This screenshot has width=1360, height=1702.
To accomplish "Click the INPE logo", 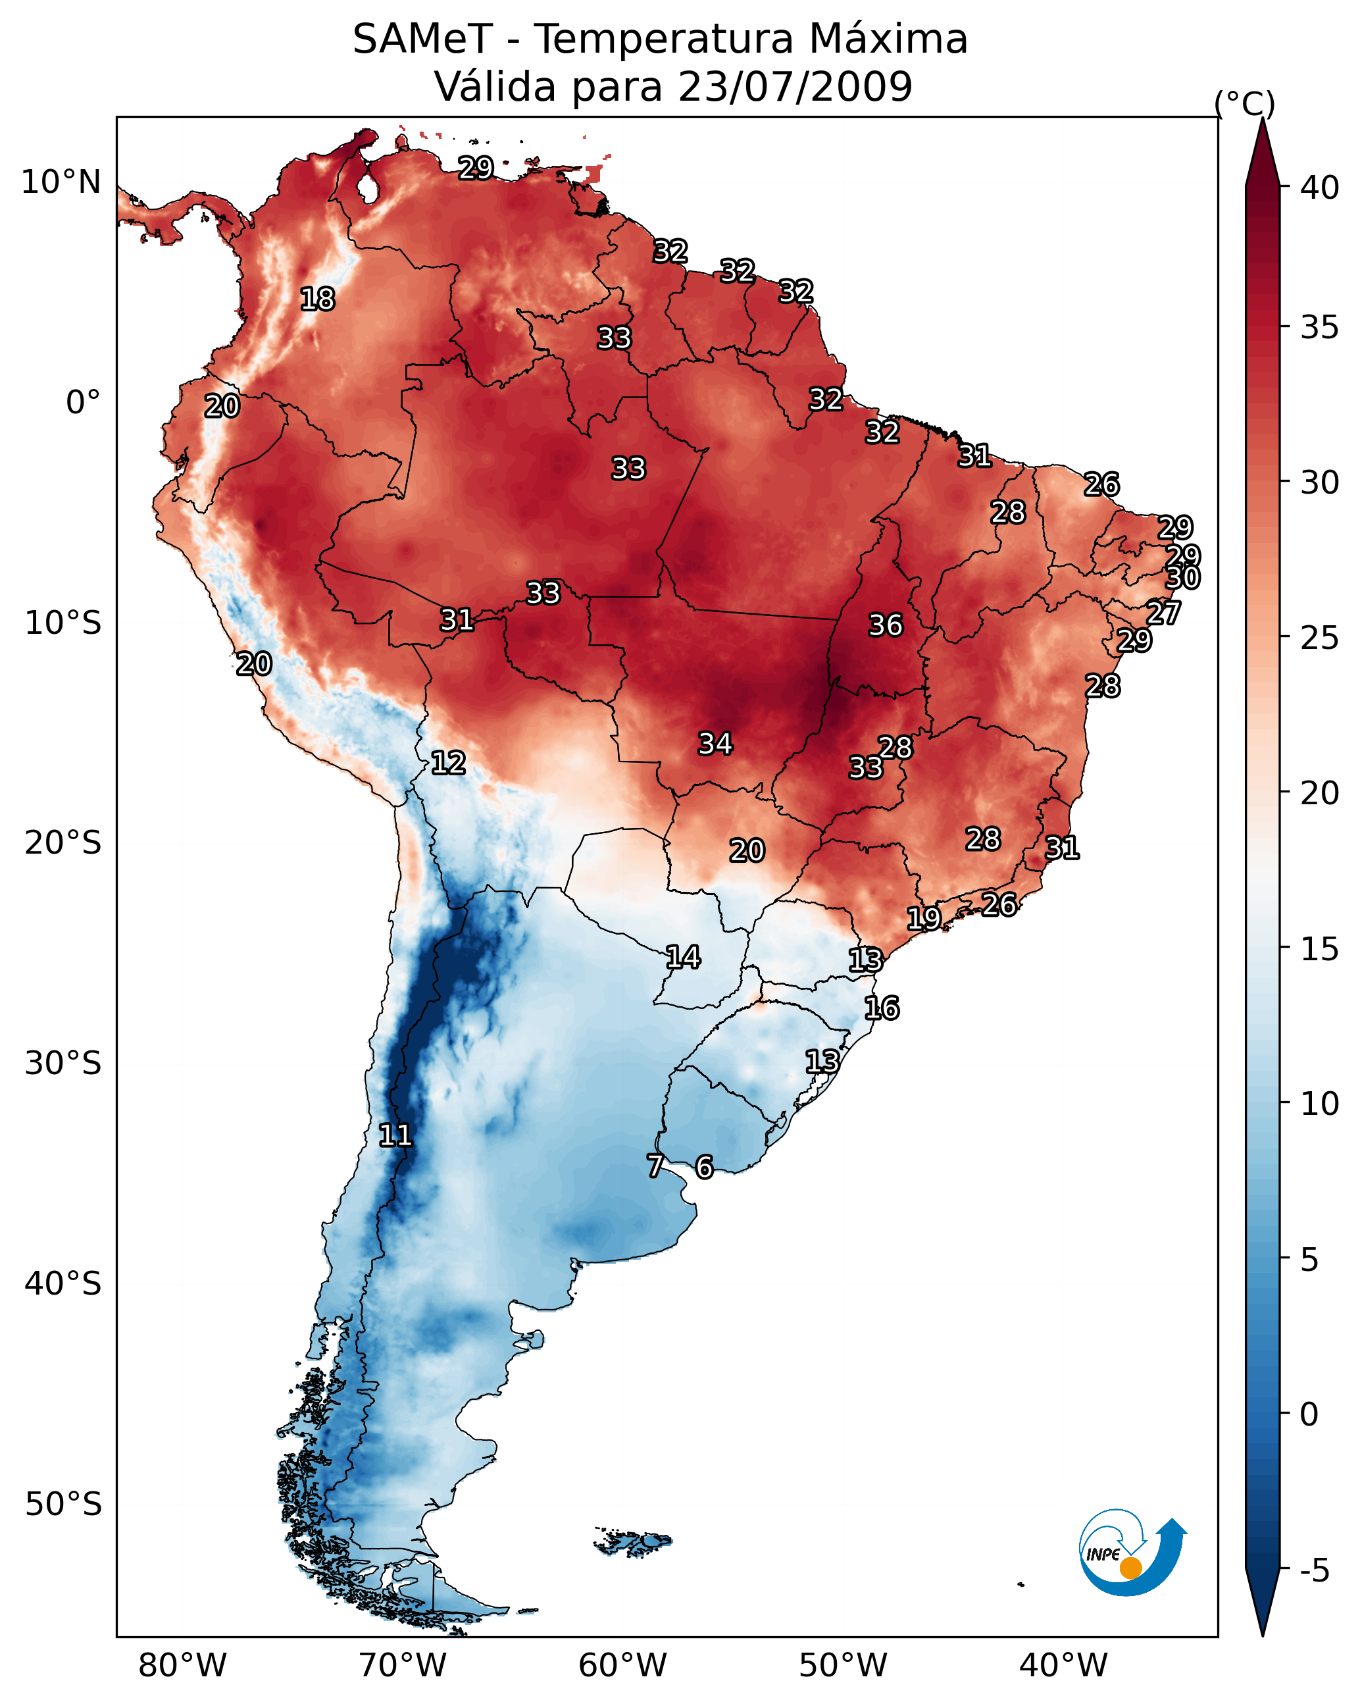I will pos(1131,1554).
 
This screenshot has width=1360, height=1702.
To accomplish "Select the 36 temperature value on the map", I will pos(885,625).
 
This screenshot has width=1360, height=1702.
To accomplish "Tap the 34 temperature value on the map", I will pos(715,744).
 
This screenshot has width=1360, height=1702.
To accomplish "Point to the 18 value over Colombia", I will pos(317,299).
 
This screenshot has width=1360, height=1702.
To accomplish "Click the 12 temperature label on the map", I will pos(448,763).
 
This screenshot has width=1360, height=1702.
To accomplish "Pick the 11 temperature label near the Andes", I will pos(395,1135).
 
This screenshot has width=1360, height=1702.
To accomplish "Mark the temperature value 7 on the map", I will pos(655,1166).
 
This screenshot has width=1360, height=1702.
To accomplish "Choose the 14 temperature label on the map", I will pos(683,958).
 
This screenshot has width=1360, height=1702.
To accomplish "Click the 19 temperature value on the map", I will pos(924,918).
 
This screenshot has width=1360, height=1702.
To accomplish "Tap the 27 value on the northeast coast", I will pos(1163,613).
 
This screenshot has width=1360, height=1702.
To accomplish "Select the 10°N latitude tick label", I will pos(61,182).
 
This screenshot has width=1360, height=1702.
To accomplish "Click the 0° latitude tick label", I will pos(83,403).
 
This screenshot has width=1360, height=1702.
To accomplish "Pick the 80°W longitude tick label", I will pos(182,1666).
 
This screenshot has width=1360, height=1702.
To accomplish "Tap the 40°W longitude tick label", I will pos(1063,1666).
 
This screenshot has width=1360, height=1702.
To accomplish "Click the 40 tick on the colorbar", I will pos(1320,188).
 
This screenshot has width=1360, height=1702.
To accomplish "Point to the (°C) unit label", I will pos(1244,103).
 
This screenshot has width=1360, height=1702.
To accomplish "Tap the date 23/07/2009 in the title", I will pos(795,87).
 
